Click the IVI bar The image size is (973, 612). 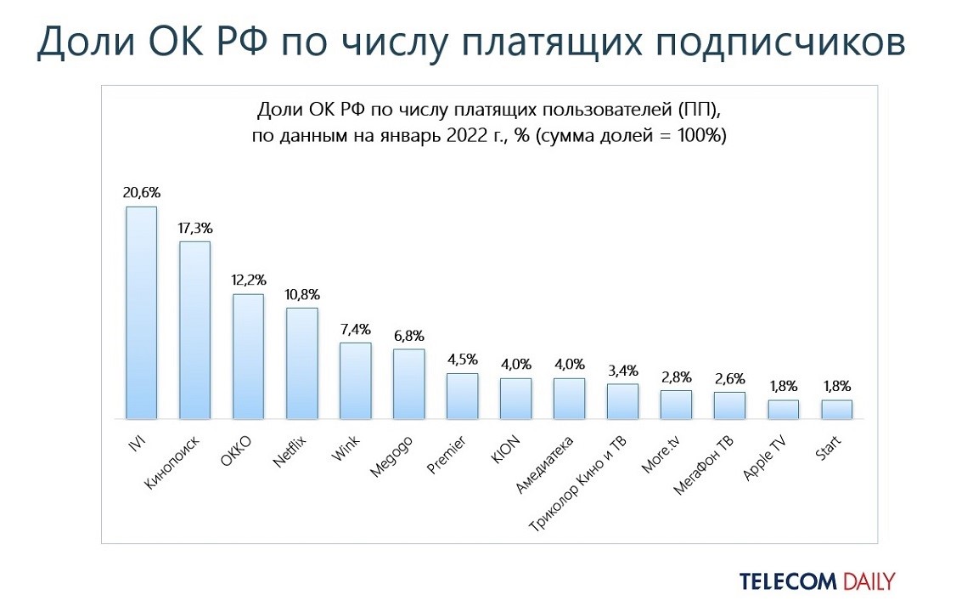pos(141,313)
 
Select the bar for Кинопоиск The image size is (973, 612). pos(194,330)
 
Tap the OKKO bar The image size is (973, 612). pos(248,356)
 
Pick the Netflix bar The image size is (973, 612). pos(301,363)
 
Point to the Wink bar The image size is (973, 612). pos(355,381)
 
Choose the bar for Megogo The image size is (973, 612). pos(408,384)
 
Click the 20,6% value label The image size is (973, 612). pos(141,193)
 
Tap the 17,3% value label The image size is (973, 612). pos(194,228)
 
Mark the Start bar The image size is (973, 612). pos(836,410)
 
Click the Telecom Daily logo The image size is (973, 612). pos(817,581)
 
